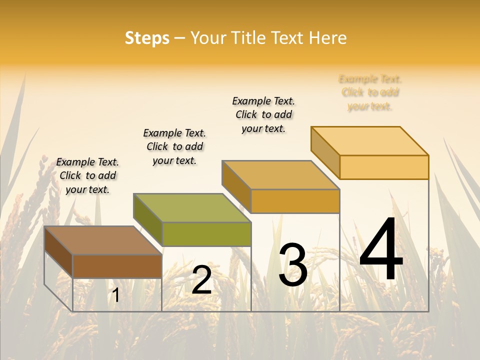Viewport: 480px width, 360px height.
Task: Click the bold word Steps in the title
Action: pos(147,38)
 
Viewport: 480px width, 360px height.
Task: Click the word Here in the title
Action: pos(327,38)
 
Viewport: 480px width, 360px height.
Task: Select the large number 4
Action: pos(381,249)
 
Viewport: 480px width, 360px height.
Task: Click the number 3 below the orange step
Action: pos(293,265)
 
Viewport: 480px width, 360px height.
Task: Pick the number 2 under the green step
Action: pos(201,280)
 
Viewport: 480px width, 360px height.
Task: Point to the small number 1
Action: pos(115,295)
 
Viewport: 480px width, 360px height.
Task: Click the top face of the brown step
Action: pos(102,240)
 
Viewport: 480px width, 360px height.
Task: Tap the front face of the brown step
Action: pos(117,266)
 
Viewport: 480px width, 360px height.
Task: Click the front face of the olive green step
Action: pos(206,234)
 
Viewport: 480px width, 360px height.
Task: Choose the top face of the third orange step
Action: pos(280,175)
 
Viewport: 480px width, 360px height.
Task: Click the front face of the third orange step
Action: pos(295,201)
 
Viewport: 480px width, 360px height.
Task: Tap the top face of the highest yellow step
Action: pos(369,140)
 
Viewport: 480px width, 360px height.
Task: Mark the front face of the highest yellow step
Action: pos(383,167)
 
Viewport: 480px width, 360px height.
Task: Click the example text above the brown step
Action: pos(87,175)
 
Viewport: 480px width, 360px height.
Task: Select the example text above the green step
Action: pos(174,146)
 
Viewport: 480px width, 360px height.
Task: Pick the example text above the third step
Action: pos(263,114)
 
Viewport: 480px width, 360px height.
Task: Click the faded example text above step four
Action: pos(370,92)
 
